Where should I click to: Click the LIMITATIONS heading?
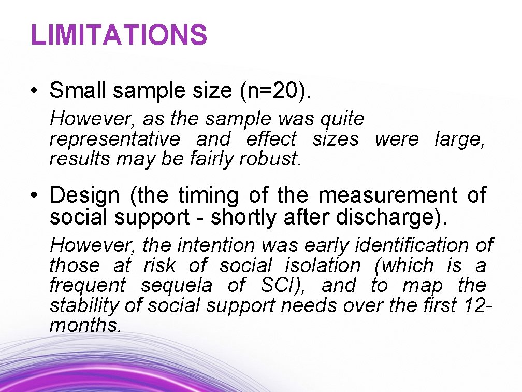click(119, 35)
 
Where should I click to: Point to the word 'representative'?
click(114, 139)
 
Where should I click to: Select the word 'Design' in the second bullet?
click(84, 196)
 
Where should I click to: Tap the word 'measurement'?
click(387, 196)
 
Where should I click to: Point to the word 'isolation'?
click(323, 265)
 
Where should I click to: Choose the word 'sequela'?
click(176, 286)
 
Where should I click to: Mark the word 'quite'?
click(342, 120)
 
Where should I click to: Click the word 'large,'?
click(460, 139)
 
